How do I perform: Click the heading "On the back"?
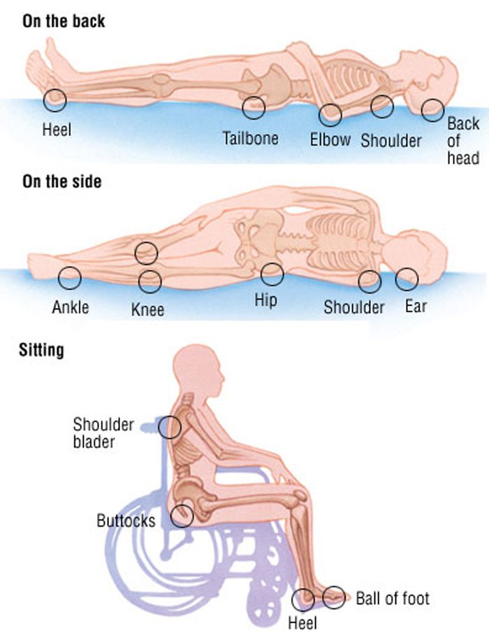[x=64, y=20]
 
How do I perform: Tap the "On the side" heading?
[x=62, y=182]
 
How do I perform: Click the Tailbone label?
[x=251, y=138]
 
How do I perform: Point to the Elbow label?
[x=330, y=140]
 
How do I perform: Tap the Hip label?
[x=265, y=301]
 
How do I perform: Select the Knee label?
[x=148, y=308]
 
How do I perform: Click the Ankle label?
[x=71, y=306]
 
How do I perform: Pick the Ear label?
[x=415, y=306]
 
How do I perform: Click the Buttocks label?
[x=126, y=520]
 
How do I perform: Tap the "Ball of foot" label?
[x=393, y=598]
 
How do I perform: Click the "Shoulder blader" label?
[x=103, y=433]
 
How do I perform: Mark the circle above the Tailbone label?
[x=254, y=107]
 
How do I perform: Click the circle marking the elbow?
[x=330, y=114]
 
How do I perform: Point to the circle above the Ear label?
[x=407, y=280]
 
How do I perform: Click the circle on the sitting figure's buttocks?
[x=182, y=516]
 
